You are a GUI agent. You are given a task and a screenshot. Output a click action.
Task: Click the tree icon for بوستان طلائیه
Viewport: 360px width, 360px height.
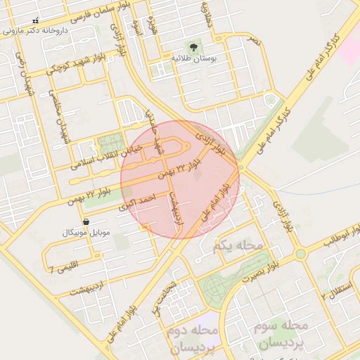tap(194, 46)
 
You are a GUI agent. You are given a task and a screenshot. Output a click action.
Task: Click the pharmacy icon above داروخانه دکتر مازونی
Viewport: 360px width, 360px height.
tap(37, 21)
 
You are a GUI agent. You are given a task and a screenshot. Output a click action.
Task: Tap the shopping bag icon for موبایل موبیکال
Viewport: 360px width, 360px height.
tap(85, 221)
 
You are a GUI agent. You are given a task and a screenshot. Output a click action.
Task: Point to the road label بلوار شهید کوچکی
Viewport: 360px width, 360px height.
tap(77, 61)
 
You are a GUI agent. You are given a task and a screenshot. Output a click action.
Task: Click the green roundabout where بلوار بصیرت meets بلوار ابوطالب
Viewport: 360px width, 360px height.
tap(301, 254)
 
